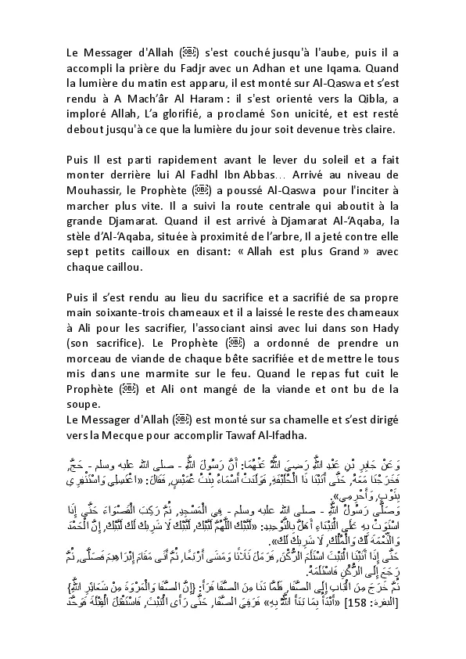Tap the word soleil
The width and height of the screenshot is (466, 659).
pyautogui.click(x=310, y=160)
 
